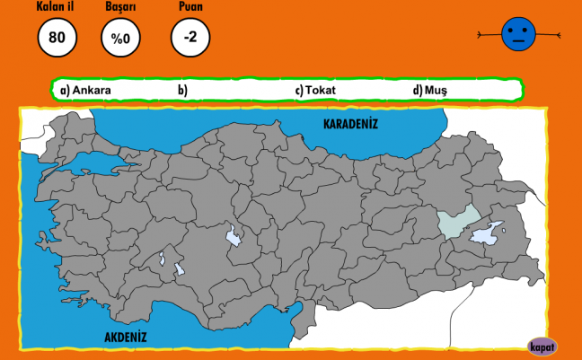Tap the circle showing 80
tap(57, 38)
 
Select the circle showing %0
tap(120, 38)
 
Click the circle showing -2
tap(190, 38)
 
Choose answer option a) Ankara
tap(86, 90)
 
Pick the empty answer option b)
tap(182, 90)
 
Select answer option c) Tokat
tap(314, 90)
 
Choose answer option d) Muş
tap(429, 90)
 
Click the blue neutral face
tap(519, 35)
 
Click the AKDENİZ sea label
tap(125, 337)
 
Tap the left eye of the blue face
tap(511, 31)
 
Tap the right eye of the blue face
tap(527, 31)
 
